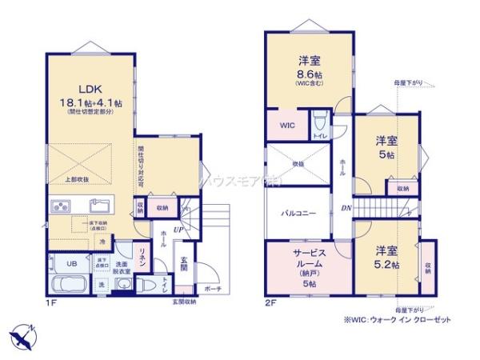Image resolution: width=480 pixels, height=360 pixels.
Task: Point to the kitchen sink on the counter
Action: tap(101, 204)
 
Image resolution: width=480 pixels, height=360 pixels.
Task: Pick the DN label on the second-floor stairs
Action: tap(346, 210)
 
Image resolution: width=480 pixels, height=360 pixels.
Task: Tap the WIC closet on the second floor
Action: tap(286, 126)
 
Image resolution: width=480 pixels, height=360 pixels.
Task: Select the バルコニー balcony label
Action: tap(298, 214)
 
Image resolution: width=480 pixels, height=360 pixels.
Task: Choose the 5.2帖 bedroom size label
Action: tap(386, 264)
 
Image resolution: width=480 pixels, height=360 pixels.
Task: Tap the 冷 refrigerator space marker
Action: tap(102, 240)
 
